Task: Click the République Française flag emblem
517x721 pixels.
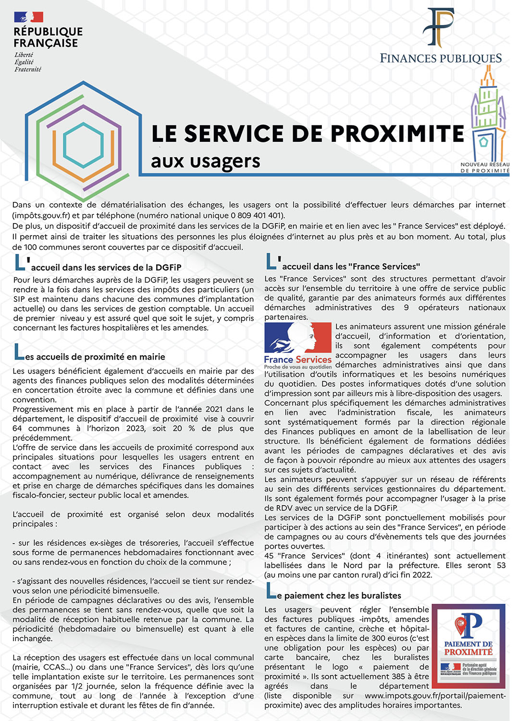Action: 29,17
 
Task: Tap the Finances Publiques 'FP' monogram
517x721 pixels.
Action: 438,27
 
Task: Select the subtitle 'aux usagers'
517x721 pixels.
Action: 205,161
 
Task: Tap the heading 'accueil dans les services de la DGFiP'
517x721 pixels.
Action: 106,268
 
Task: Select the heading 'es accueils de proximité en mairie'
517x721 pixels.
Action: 95,357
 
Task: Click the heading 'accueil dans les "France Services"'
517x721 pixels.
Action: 351,266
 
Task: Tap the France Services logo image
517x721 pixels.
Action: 298,346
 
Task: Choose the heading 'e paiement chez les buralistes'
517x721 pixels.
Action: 342,596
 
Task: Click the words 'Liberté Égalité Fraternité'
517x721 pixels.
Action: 27,62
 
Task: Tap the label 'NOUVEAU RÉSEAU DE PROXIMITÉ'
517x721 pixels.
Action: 485,167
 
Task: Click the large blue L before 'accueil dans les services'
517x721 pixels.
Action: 20,262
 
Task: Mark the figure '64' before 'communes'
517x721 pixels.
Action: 17,428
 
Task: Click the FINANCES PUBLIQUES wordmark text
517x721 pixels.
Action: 441,59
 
